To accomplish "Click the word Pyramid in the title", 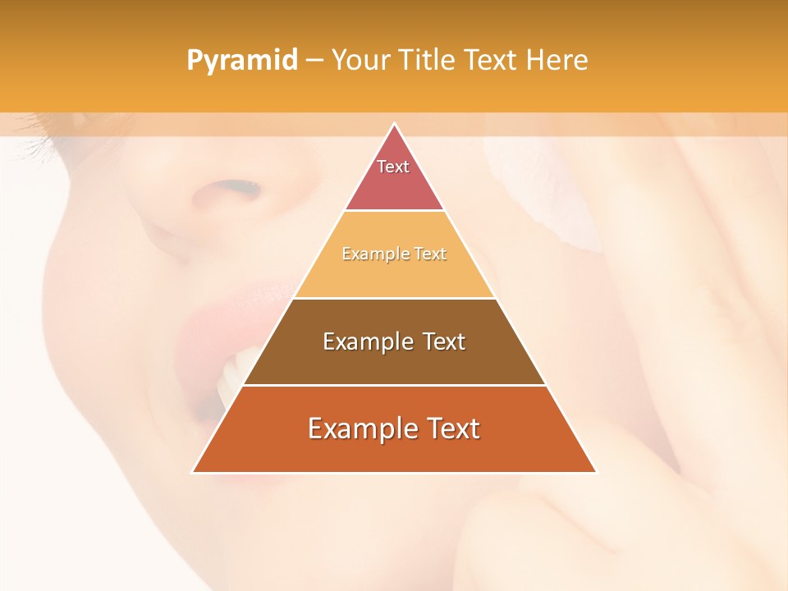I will coord(242,61).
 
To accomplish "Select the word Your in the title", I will coord(360,61).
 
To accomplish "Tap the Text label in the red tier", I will coord(393,167).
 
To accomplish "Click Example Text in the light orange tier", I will coord(394,254).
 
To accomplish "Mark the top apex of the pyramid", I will coord(394,124).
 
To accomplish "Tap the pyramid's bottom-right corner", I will coord(595,472).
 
